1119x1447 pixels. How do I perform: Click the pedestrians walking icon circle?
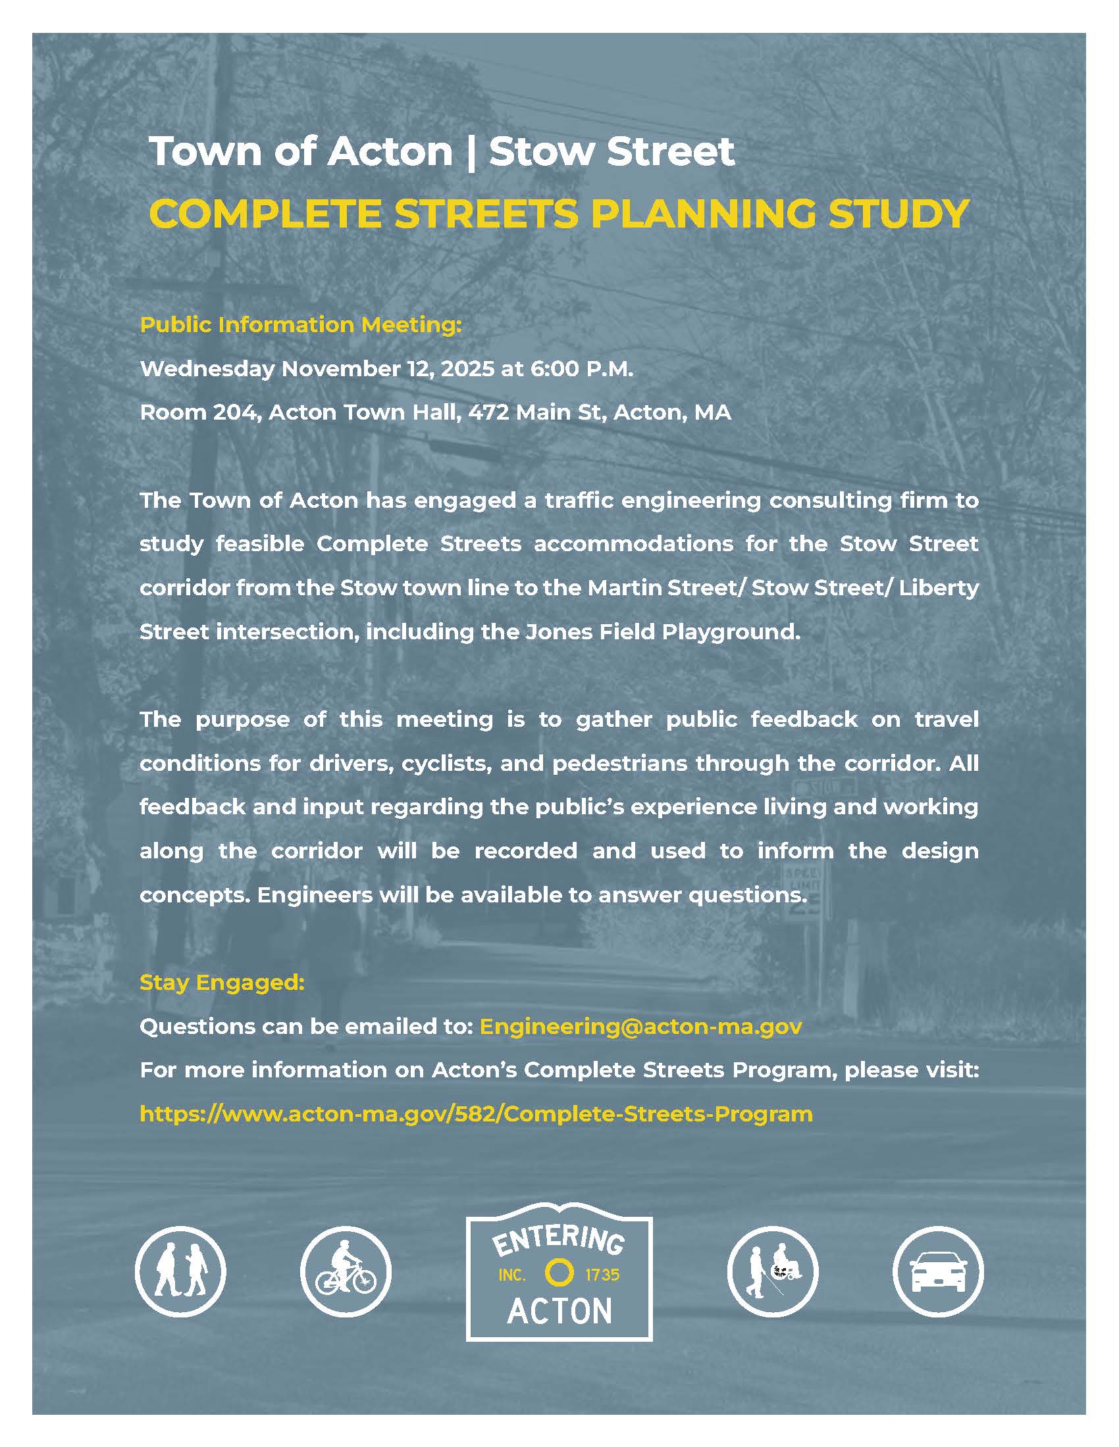pyautogui.click(x=180, y=1271)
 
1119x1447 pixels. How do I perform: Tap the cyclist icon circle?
pyautogui.click(x=346, y=1271)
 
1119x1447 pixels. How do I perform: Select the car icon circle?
pyautogui.click(x=938, y=1271)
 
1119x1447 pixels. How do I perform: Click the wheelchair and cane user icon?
pyautogui.click(x=773, y=1271)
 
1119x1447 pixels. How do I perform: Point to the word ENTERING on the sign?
pyautogui.click(x=558, y=1240)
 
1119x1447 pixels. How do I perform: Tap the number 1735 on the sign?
pyautogui.click(x=602, y=1274)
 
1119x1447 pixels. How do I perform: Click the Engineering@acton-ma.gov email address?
pyautogui.click(x=640, y=1025)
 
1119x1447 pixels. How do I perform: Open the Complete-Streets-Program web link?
pyautogui.click(x=476, y=1113)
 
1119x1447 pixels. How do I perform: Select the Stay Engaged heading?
pyautogui.click(x=222, y=982)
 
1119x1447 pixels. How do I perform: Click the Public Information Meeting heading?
pyautogui.click(x=300, y=325)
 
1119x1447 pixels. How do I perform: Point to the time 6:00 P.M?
pyautogui.click(x=581, y=368)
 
